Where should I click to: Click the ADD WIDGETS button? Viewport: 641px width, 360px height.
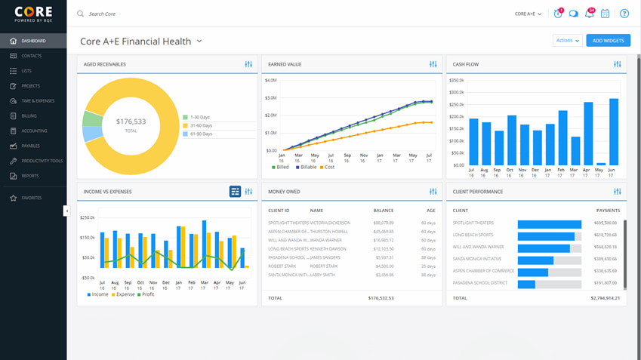coord(608,41)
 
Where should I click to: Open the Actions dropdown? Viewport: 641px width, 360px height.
coord(567,41)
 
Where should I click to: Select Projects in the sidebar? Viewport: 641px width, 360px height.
coord(31,86)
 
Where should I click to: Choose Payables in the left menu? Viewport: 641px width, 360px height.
coord(31,146)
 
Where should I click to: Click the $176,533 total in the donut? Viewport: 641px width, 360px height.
coord(131,122)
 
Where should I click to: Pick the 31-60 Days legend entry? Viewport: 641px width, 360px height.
coord(201,126)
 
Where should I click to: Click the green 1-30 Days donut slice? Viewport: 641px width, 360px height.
coord(92,118)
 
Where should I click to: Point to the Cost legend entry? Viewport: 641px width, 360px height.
coord(327,167)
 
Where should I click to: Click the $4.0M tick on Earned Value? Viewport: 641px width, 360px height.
coord(270,80)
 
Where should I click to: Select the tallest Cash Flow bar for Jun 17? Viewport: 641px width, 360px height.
coord(614,131)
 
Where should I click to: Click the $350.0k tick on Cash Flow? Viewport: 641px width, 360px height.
coord(456,80)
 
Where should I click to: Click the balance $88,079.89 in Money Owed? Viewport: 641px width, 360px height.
coord(383,223)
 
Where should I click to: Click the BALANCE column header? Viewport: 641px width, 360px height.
coord(383,211)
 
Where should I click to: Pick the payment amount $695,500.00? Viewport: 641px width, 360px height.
coord(605,223)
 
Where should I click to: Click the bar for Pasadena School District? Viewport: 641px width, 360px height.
coord(526,284)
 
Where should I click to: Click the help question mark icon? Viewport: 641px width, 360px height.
coord(624,14)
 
